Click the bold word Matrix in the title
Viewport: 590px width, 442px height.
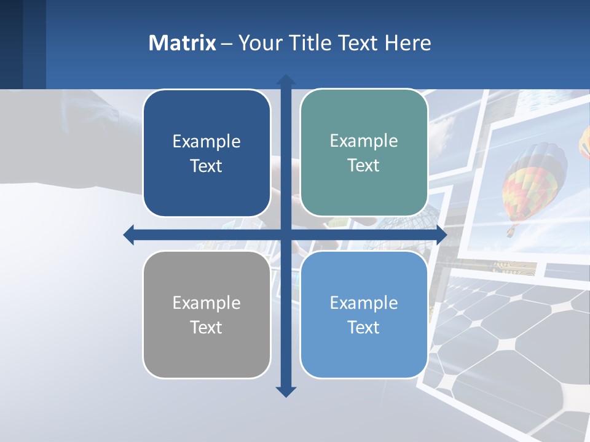tap(183, 43)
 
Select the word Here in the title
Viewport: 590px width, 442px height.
tap(408, 43)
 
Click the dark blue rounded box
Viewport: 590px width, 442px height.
tap(206, 153)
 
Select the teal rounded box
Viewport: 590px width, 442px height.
tap(364, 153)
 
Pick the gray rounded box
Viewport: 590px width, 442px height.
tap(206, 314)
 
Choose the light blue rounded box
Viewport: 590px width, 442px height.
tap(364, 314)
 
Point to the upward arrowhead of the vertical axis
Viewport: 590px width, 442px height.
tap(286, 80)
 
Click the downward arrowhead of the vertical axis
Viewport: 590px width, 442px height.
tap(286, 391)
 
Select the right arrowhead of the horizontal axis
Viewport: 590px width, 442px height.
tap(441, 235)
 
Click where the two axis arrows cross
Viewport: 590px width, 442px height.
tap(286, 235)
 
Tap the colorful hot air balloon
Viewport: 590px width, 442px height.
tap(533, 181)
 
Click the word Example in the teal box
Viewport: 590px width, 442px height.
tap(364, 141)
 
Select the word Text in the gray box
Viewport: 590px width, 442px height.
tap(206, 327)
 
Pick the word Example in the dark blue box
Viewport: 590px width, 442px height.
tap(206, 142)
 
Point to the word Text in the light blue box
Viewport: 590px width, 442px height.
tap(364, 327)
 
